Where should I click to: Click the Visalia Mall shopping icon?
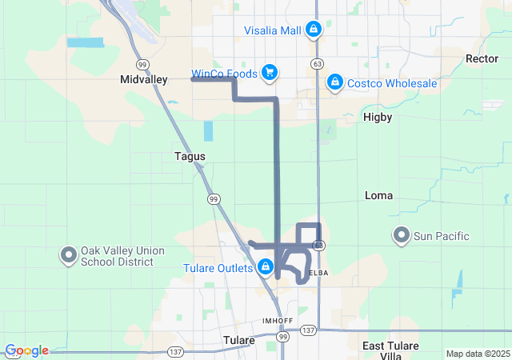click(x=312, y=30)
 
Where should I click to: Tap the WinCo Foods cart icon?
click(x=270, y=73)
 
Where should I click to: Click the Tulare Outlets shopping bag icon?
click(x=264, y=267)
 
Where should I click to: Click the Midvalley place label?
click(x=142, y=79)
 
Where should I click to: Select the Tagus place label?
click(x=190, y=157)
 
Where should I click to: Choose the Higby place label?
click(x=378, y=117)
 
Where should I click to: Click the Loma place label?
click(x=378, y=195)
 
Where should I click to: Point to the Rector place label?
click(x=482, y=58)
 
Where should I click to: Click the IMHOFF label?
click(x=278, y=320)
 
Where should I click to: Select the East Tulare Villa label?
click(x=387, y=350)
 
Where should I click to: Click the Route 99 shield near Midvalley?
click(x=142, y=63)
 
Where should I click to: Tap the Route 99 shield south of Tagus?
click(x=213, y=198)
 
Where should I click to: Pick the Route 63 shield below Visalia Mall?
click(x=318, y=62)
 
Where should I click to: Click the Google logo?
click(x=26, y=350)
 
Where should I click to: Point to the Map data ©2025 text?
click(x=477, y=354)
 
